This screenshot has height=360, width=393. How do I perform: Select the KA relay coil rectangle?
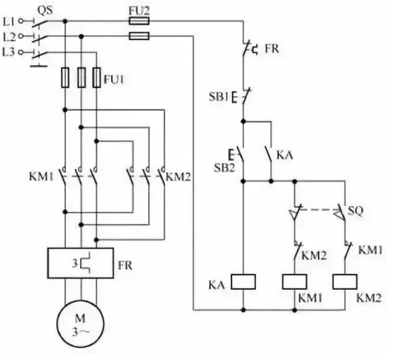point(243,281)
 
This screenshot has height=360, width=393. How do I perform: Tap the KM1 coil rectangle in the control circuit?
point(294,281)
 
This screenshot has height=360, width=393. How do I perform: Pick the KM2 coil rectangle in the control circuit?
point(345,281)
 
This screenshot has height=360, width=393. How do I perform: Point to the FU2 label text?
point(139,10)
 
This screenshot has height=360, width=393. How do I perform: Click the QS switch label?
point(45,10)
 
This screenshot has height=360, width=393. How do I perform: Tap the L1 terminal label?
point(9,21)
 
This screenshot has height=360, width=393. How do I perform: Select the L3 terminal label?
point(9,52)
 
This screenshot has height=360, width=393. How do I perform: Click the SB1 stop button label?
point(219,96)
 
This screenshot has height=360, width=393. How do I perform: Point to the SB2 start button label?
point(225,167)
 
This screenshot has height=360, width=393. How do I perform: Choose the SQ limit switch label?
point(355,211)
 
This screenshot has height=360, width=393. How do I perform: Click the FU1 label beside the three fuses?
point(113,79)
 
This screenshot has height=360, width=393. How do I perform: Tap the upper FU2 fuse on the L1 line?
point(139,21)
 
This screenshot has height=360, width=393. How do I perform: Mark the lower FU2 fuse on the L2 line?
point(139,36)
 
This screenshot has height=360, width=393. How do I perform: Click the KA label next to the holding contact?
point(285,156)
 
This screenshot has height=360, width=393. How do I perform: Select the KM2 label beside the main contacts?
point(178,177)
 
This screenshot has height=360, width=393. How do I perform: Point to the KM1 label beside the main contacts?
point(42,177)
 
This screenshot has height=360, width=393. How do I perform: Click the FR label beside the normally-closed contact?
point(272,49)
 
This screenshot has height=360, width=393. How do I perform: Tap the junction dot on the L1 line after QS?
point(65,21)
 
